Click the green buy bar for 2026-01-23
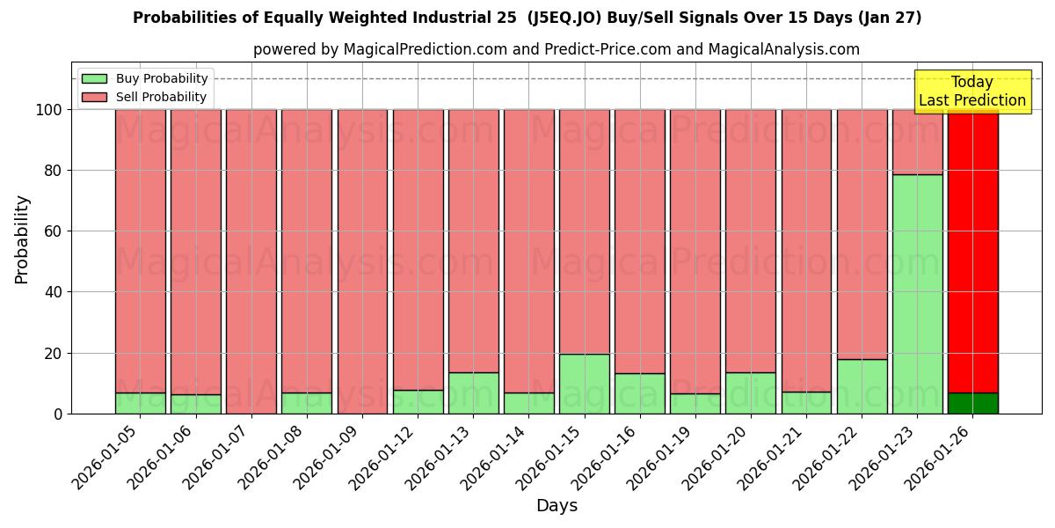917,294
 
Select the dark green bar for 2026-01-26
972,403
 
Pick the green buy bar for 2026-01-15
584,384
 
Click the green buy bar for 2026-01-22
862,386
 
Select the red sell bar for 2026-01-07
251,261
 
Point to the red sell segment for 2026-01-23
917,142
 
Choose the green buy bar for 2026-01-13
473,392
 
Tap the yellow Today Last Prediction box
971,92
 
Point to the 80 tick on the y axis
54,171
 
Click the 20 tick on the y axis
54,354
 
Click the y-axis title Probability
22,239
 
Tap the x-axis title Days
557,506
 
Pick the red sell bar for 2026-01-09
362,261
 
